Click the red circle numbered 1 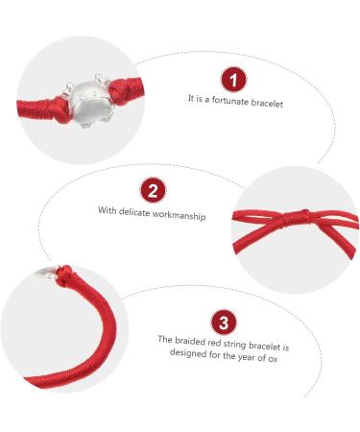pos(233,80)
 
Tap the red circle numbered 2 pos(153,191)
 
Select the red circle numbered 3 pos(224,322)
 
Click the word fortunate pos(230,101)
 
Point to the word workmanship pos(179,215)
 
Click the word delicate pos(133,212)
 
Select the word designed pos(188,352)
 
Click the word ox pos(273,358)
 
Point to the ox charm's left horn pos(70,86)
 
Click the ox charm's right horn pos(101,80)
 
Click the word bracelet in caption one pos(267,103)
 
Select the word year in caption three pos(246,356)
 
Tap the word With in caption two pos(107,210)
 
